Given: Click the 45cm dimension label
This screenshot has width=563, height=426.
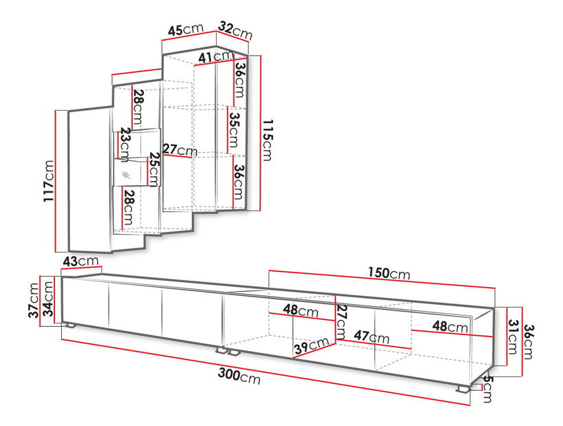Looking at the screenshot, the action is tap(186, 30).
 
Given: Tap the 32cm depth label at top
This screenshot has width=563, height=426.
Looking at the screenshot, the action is tap(235, 31).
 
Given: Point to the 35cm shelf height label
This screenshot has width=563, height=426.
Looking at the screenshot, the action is tap(234, 130).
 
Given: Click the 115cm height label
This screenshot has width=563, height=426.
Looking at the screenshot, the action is tap(268, 140).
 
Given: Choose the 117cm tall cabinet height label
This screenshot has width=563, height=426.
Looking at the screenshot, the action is tap(48, 181).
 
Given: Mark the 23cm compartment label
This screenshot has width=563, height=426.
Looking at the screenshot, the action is tap(125, 145).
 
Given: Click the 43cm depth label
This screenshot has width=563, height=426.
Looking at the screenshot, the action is tap(81, 261).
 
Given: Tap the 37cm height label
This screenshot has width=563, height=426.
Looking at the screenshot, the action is tap(34, 300).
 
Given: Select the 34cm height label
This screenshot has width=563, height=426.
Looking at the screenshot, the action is tap(47, 299).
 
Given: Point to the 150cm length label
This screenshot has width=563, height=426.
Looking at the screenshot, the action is tap(389, 273).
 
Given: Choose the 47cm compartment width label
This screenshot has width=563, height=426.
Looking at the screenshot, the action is tap(372, 337).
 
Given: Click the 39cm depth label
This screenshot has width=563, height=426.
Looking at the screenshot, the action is tap(311, 345).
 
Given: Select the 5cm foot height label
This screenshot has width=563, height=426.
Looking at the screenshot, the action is tap(487, 389).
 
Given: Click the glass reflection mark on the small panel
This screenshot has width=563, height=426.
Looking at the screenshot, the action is tap(126, 175).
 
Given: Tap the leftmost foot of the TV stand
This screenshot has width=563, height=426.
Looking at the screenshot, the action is tap(70, 326).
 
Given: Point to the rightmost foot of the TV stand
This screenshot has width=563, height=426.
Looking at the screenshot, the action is tap(463, 389).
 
